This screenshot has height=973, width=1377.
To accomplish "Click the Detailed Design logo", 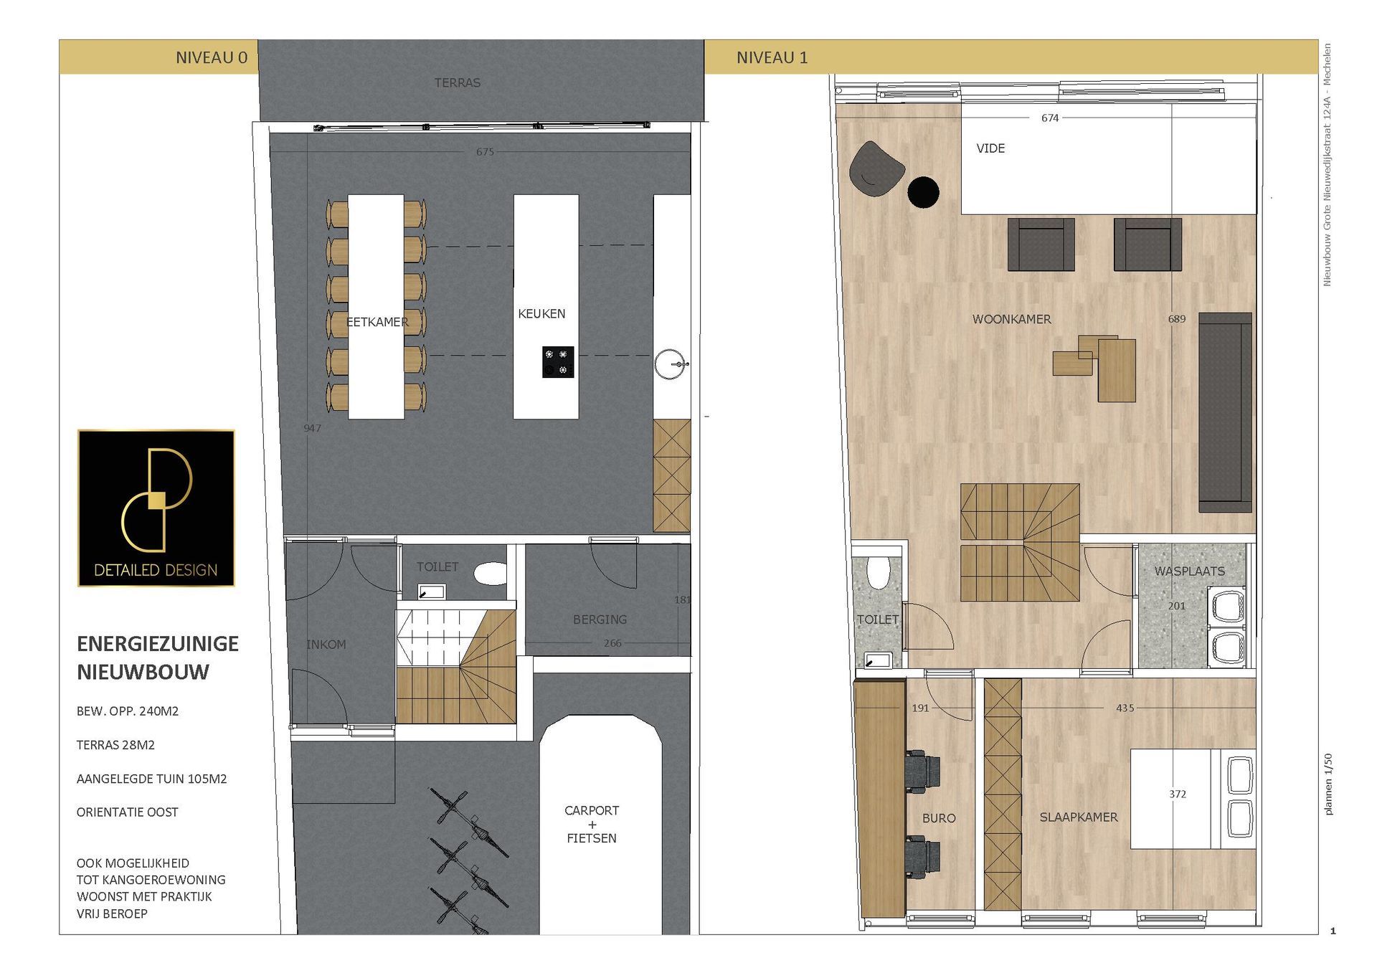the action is pos(156,508).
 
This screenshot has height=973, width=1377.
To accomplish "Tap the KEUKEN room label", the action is pos(541,313).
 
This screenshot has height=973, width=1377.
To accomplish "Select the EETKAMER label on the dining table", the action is pos(377,322).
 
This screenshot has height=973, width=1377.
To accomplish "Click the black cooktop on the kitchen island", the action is pos(558,362).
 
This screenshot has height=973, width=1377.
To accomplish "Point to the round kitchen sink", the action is pos(671,364).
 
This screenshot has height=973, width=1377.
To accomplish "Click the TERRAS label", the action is pos(458,82).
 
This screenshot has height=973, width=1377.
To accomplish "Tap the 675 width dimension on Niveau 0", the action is pos(485,151).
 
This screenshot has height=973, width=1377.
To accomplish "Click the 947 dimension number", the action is pos(312,428).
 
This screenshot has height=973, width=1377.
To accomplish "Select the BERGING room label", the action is pos(600,620).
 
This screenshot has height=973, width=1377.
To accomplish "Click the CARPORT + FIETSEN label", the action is pos(592,824).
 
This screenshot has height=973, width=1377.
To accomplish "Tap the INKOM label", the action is pos(326,645).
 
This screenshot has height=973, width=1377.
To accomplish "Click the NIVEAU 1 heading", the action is pos(772,57).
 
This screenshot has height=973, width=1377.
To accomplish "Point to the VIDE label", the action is pos(990,148).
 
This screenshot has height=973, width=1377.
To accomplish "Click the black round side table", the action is pos(923,192).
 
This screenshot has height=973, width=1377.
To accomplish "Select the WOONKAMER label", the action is pos(1012,319).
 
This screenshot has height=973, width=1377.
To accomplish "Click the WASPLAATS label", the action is pos(1190,571).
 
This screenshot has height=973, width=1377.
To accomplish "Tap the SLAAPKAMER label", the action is pos(1079,817).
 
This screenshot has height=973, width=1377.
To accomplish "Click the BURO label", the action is pos(939,818).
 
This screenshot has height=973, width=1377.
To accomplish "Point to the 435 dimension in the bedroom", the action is pos(1125,708).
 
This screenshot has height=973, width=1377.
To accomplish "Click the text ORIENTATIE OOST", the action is pos(128,812).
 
